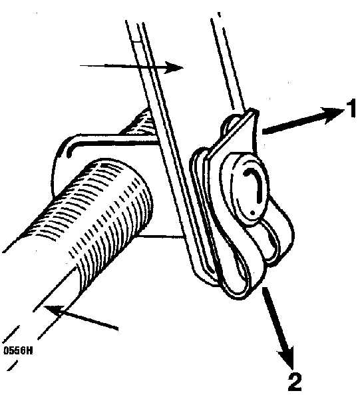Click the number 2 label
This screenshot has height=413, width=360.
coord(295,381)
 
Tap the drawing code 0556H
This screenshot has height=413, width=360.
coord(18,350)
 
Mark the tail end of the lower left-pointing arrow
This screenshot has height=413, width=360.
coord(118,328)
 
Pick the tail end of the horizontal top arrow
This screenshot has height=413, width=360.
coord(80,65)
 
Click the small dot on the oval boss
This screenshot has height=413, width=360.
coord(253,212)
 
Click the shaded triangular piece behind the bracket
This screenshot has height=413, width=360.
coord(140,123)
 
